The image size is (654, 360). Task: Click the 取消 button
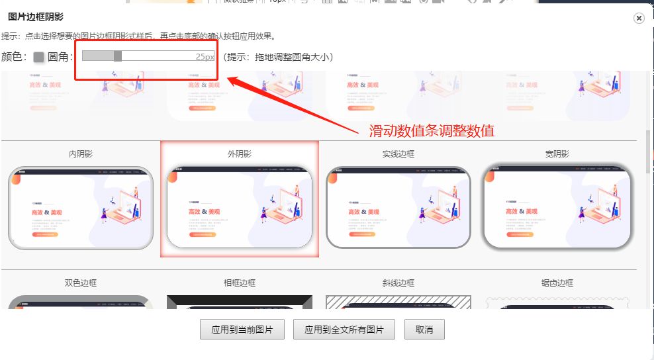424,330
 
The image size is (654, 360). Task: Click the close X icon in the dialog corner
639,19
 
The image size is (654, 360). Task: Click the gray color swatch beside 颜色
39,58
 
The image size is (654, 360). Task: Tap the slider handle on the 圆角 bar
118,56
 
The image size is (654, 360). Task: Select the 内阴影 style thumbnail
81,207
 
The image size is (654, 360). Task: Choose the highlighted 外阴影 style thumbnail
240,207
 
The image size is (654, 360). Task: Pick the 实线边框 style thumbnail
398,207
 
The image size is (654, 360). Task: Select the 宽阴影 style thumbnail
557,207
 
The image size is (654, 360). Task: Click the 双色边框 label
81,283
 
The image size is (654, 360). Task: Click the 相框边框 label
240,283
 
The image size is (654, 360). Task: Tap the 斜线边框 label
398,283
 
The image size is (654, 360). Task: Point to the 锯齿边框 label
557,283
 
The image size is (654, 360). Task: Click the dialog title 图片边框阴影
35,17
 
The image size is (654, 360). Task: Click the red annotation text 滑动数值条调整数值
432,131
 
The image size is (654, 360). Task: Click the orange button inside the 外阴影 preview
202,234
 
